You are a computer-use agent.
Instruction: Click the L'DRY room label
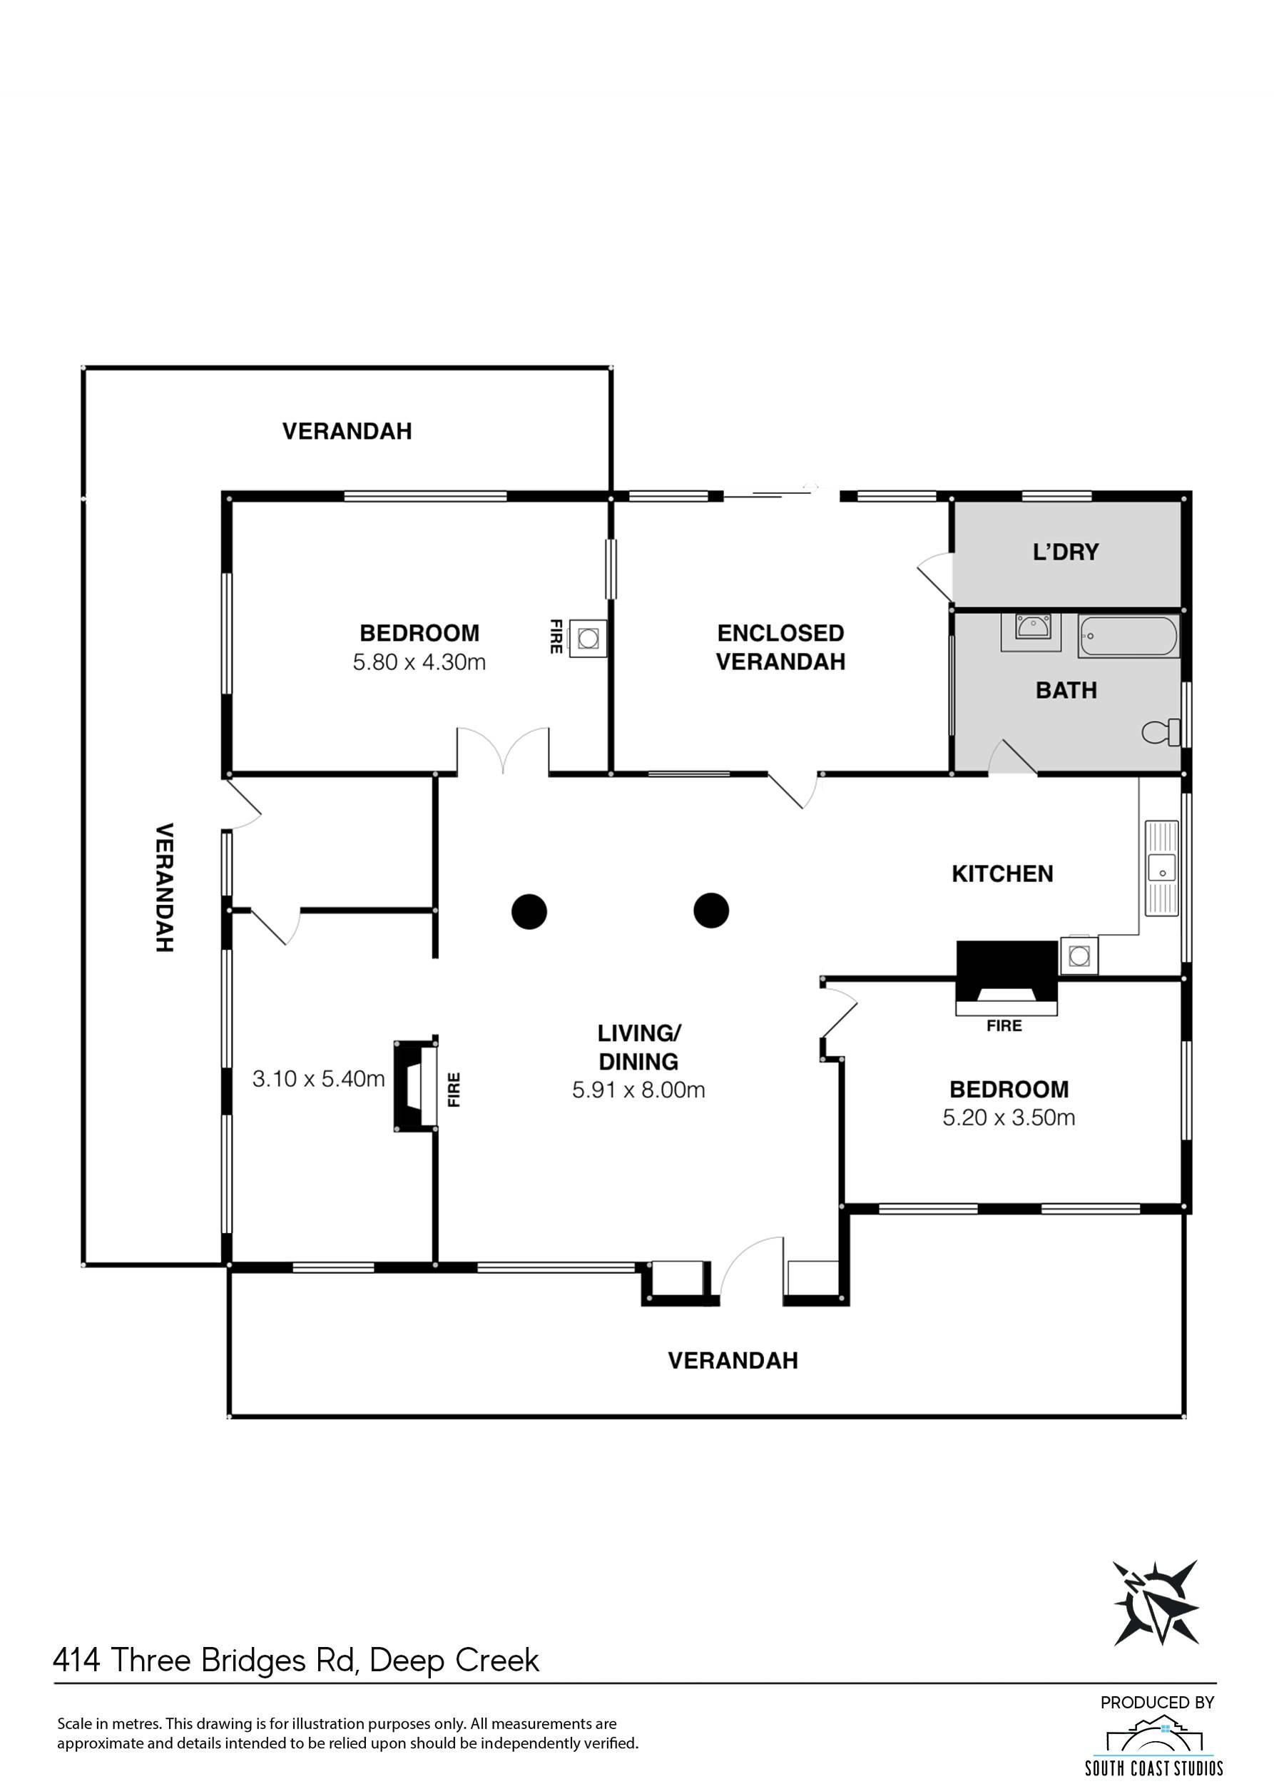click(1065, 552)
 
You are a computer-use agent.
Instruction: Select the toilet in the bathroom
click(1162, 732)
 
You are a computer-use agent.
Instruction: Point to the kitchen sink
click(1162, 867)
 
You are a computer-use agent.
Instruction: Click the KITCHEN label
click(1002, 873)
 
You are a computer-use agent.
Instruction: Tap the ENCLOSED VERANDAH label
click(780, 647)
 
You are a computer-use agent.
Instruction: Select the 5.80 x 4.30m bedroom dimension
click(419, 662)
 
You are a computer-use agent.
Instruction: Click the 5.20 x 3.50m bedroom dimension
click(1009, 1117)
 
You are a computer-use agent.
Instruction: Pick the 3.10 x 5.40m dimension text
click(318, 1079)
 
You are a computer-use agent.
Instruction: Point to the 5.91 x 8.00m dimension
click(638, 1090)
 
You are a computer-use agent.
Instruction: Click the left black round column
click(529, 911)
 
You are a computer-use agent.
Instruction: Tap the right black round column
click(711, 911)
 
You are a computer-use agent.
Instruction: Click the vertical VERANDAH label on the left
click(163, 888)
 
